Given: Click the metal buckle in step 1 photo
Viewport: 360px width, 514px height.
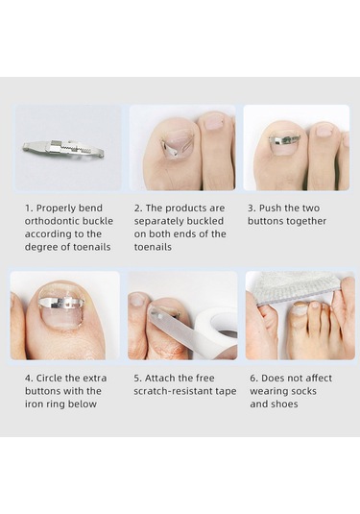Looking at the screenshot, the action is coord(63,149).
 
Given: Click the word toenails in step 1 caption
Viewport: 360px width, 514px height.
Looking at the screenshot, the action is coord(92,247).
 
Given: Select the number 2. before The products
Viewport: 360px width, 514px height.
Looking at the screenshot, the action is coord(138,208).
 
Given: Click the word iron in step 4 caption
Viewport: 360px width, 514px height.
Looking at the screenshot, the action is coord(33,404).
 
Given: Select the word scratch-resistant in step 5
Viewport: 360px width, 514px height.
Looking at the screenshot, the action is coord(172,391).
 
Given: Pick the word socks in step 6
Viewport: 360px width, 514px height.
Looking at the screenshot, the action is coord(302,391).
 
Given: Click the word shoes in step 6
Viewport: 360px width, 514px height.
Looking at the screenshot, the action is coord(285,404).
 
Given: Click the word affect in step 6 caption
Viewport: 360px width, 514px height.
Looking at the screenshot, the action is coord(317,378).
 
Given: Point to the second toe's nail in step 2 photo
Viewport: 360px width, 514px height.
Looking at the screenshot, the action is coord(213,122).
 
